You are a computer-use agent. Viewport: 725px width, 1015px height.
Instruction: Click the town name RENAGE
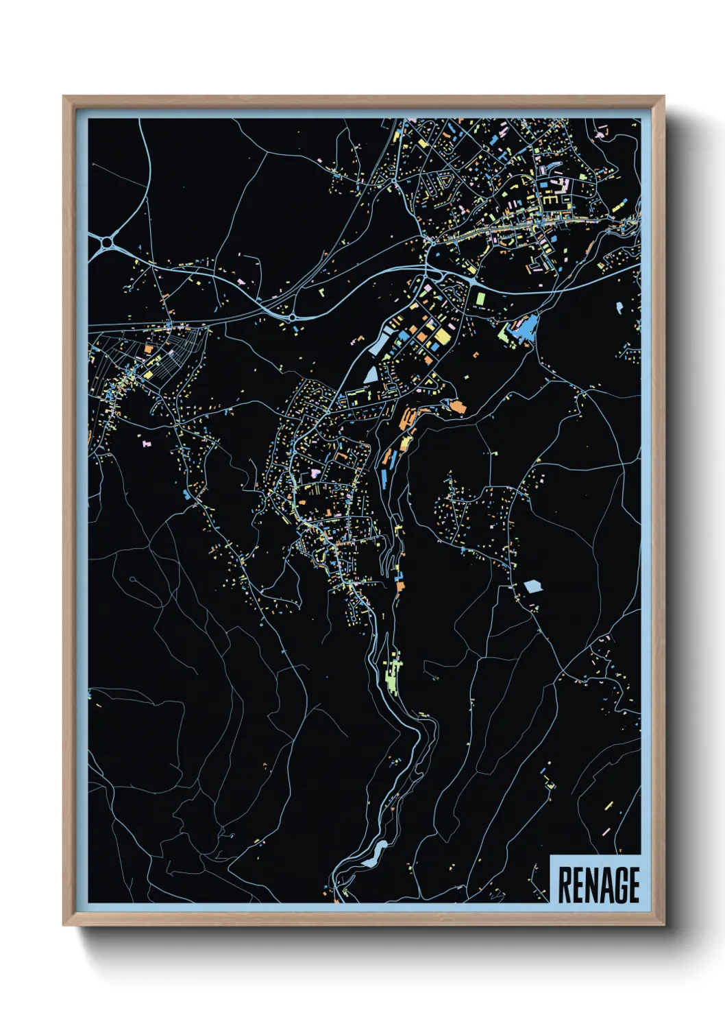(x=598, y=885)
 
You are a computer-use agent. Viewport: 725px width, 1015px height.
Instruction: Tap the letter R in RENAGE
(x=565, y=885)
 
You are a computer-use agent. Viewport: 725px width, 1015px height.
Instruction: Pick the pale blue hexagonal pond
(x=532, y=586)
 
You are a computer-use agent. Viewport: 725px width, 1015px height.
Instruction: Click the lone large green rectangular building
(x=480, y=299)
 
